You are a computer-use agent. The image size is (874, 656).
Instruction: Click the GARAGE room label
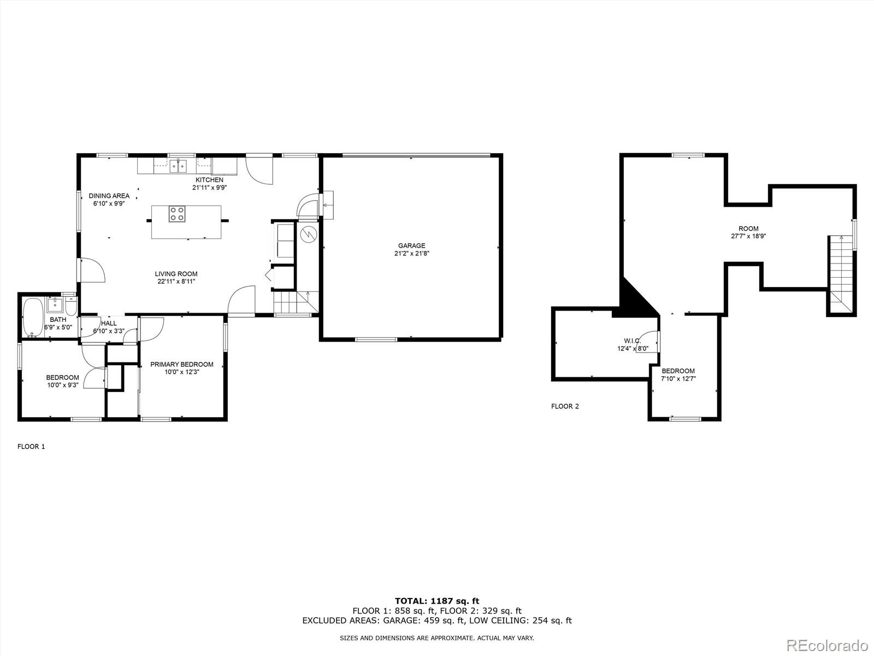click(x=411, y=245)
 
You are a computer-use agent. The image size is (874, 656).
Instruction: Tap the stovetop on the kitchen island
click(x=176, y=213)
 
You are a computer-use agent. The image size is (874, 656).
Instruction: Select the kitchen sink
click(x=178, y=165)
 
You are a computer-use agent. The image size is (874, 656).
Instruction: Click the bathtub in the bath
click(x=32, y=318)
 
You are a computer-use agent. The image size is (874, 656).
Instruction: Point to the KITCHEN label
click(x=209, y=180)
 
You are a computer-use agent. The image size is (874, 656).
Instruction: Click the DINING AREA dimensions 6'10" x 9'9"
click(x=109, y=203)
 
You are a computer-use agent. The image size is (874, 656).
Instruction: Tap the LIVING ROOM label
click(x=176, y=274)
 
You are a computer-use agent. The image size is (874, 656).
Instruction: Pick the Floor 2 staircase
click(x=841, y=273)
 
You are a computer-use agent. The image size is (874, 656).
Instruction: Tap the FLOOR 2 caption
click(x=565, y=406)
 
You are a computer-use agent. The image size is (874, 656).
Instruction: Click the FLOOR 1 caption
click(x=31, y=447)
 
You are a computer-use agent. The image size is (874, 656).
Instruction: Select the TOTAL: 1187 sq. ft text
click(x=437, y=601)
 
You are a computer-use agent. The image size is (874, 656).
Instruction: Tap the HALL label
click(x=109, y=323)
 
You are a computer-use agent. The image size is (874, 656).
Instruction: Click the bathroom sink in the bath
click(x=55, y=304)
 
